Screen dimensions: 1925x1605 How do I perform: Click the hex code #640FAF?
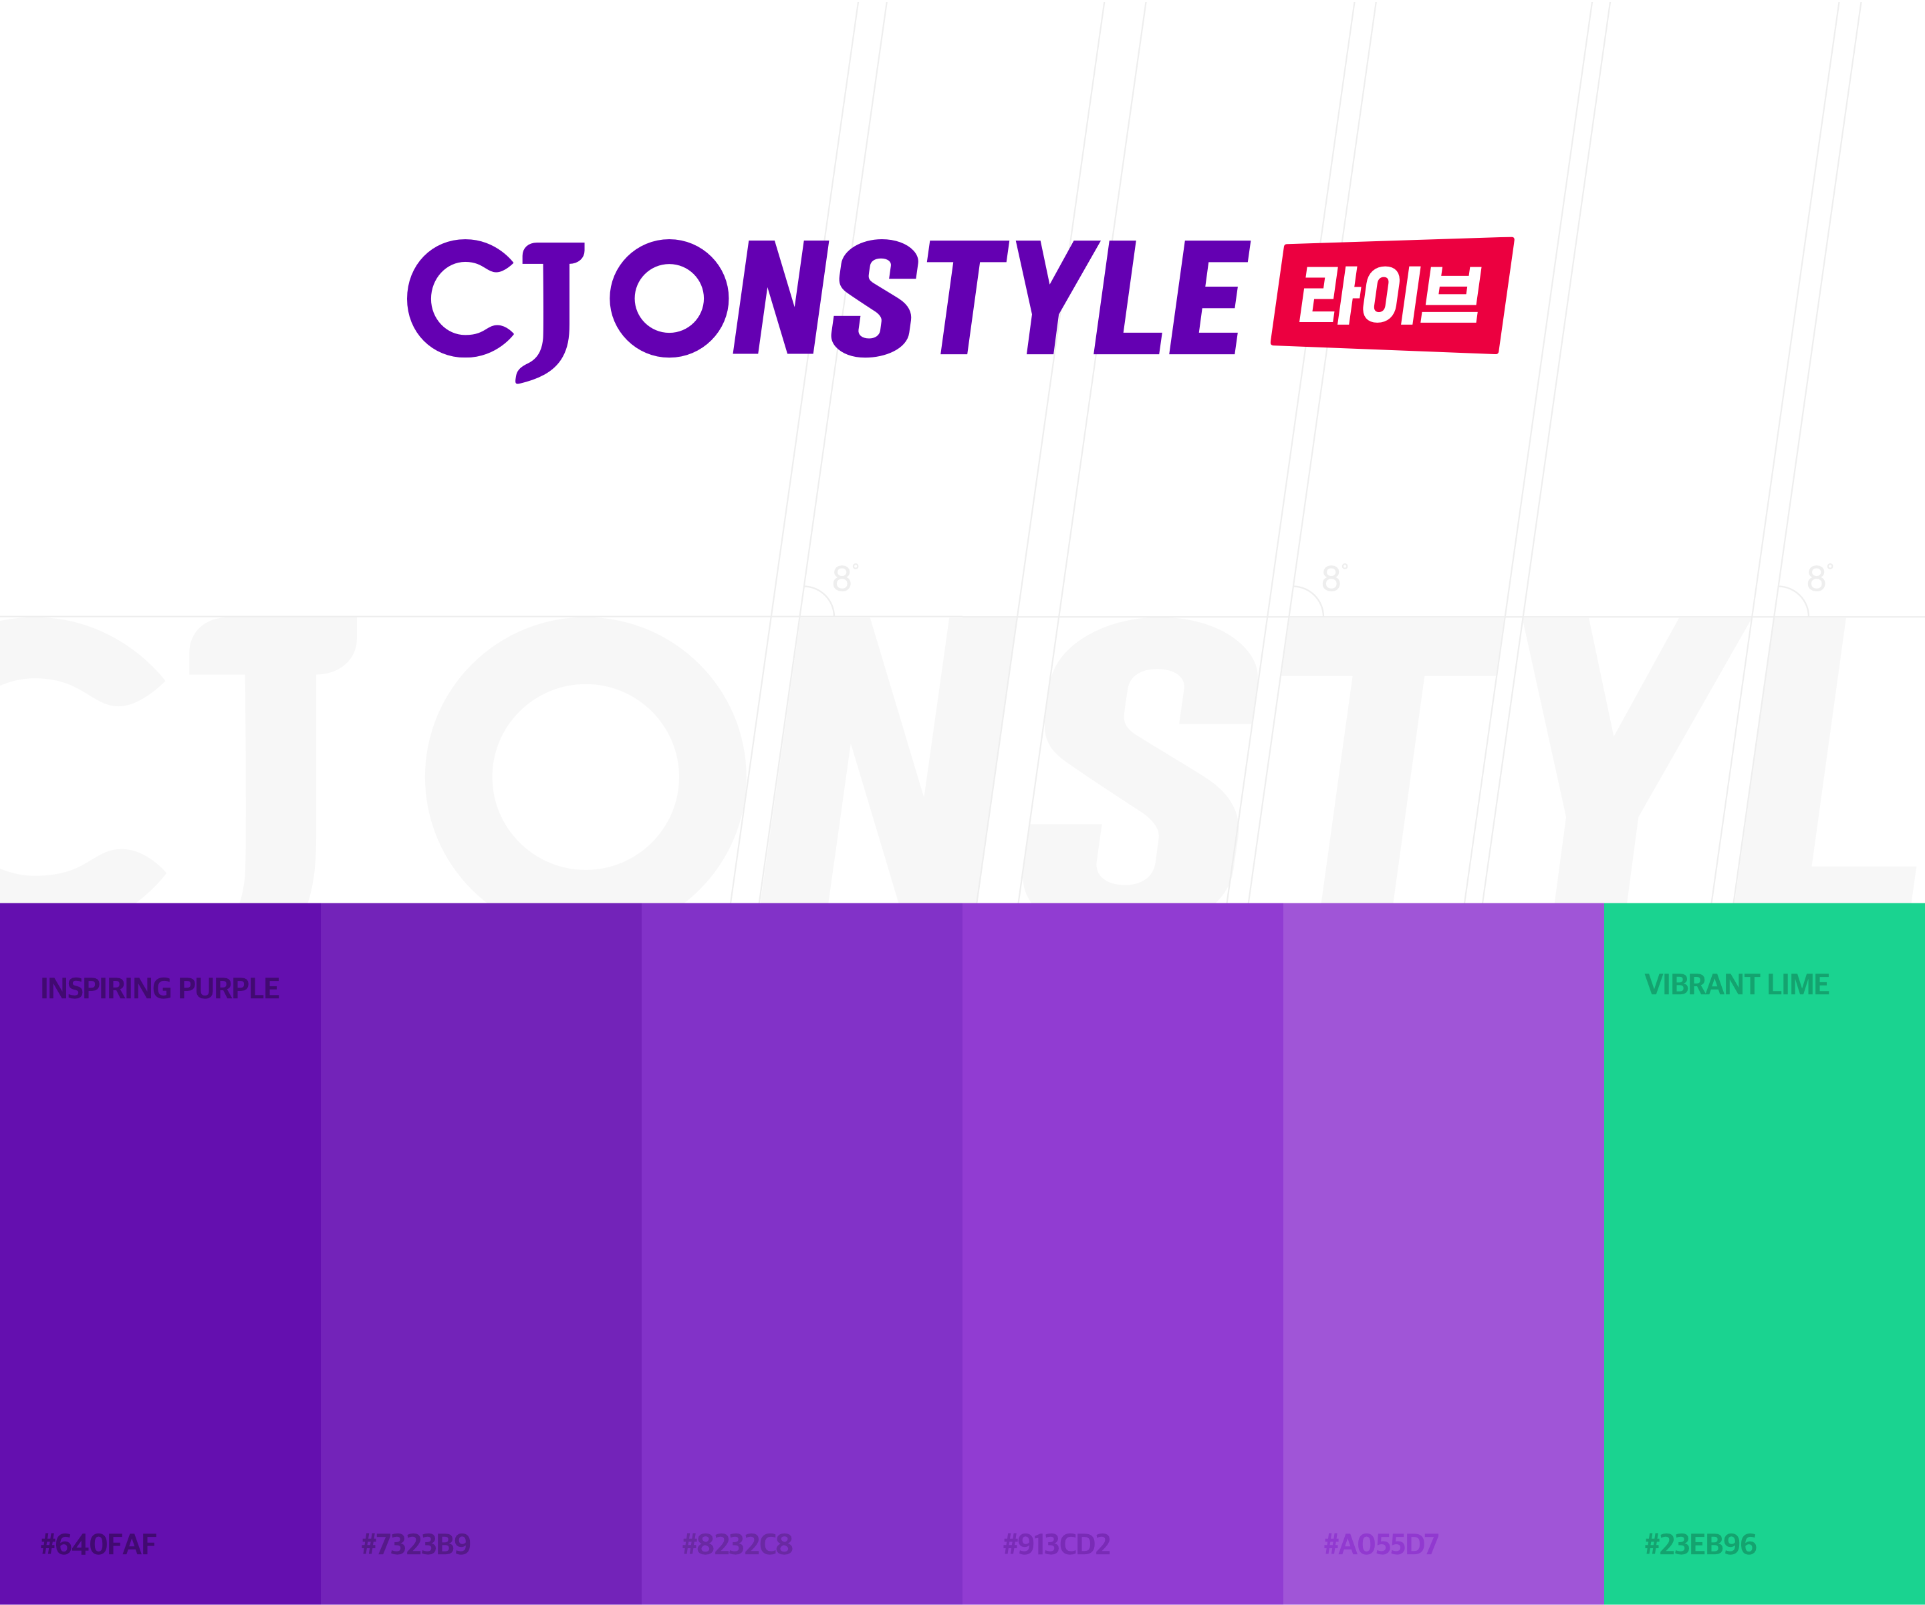98,1544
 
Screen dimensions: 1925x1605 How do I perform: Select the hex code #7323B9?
416,1544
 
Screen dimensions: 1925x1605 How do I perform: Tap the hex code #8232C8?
737,1544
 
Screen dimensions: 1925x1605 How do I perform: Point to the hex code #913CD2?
1057,1544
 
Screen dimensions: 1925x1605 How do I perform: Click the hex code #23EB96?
1700,1544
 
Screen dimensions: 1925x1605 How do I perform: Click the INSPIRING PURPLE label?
160,988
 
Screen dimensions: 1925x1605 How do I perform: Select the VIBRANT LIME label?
1737,984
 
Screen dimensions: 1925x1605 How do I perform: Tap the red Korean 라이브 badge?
1392,295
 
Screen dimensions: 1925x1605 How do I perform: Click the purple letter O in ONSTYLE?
669,298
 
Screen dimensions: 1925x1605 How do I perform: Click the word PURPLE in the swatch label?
228,988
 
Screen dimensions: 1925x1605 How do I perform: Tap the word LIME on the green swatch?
1797,984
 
